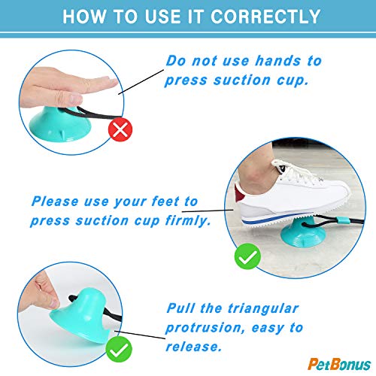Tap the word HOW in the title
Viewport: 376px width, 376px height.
pos(82,16)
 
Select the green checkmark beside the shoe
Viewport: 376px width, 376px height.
pos(247,258)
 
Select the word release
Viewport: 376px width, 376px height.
pos(192,347)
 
